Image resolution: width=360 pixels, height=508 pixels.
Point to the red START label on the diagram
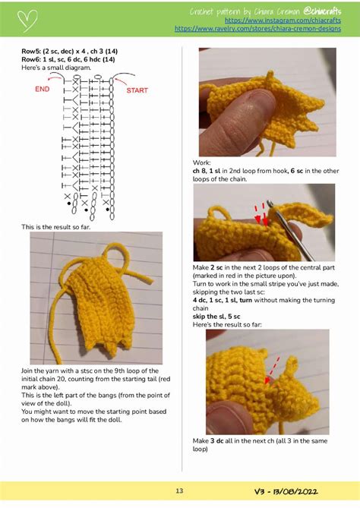(137, 90)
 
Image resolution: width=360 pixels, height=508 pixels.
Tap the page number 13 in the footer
(180, 491)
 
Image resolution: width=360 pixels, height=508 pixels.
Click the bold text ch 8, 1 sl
(212, 169)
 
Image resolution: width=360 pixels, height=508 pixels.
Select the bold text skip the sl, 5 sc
(219, 316)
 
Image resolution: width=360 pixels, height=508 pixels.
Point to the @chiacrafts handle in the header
(326, 11)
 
